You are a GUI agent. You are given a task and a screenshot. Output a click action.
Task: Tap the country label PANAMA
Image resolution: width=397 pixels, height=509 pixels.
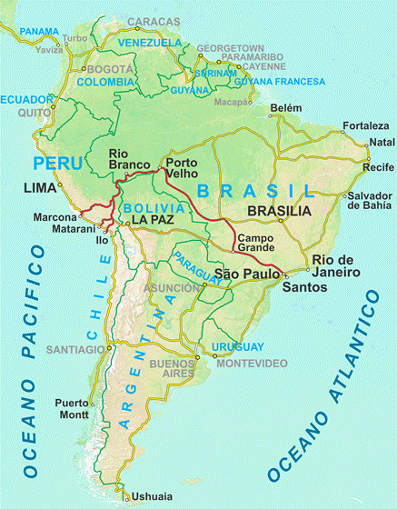[38, 32]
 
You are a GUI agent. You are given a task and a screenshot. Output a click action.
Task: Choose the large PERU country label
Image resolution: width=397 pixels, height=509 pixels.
[57, 164]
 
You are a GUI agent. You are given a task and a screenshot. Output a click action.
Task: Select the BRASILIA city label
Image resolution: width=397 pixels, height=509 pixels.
[278, 210]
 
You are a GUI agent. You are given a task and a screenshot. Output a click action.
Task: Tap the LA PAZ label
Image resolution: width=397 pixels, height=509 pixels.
[152, 220]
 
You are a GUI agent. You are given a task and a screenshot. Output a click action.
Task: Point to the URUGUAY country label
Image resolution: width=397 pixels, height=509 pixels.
[237, 347]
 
